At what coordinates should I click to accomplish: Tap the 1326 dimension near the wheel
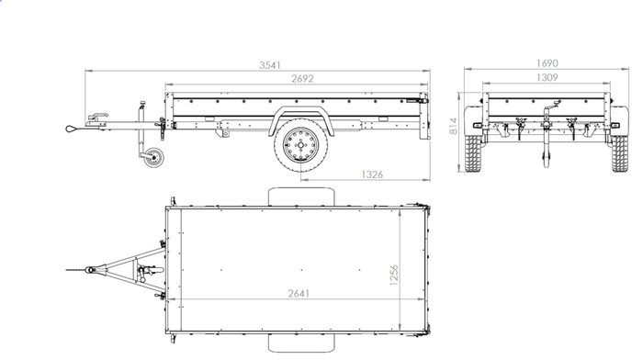(372, 173)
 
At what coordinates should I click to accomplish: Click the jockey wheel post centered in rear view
(547, 138)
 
